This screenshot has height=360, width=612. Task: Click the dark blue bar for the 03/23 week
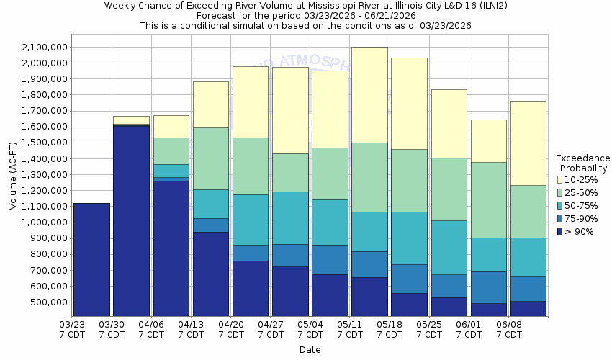91,259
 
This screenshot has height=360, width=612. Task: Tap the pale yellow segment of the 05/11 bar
369,94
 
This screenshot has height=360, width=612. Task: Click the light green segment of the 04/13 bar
210,158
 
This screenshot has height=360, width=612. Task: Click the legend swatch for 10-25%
560,179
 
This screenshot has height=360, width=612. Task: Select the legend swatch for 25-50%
560,192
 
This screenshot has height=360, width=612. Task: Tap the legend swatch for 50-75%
560,205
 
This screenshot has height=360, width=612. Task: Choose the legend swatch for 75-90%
560,219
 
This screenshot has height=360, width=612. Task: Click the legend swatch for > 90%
560,232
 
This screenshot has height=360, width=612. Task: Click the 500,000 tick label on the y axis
48,302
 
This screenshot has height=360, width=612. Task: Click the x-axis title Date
310,350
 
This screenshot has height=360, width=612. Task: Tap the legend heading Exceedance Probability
582,163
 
